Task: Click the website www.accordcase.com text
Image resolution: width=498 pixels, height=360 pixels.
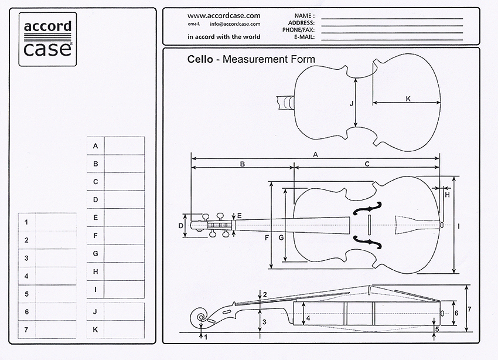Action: pyautogui.click(x=224, y=15)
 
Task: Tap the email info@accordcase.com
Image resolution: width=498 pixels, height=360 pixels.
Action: pyautogui.click(x=234, y=24)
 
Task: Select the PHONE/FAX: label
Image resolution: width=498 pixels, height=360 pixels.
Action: pyautogui.click(x=298, y=29)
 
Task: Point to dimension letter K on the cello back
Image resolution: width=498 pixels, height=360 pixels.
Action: pyautogui.click(x=408, y=99)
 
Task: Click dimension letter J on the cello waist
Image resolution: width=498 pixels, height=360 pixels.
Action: pyautogui.click(x=351, y=103)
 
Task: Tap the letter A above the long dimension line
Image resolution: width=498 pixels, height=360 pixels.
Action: pyautogui.click(x=316, y=154)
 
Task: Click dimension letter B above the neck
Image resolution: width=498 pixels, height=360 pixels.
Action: pyautogui.click(x=242, y=164)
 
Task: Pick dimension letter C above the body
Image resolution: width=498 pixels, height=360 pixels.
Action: pyautogui.click(x=367, y=164)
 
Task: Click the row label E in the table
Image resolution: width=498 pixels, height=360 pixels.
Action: pyautogui.click(x=95, y=218)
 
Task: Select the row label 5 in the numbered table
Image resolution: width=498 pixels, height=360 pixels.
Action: pyautogui.click(x=26, y=294)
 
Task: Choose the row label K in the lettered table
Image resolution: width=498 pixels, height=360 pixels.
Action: pyautogui.click(x=95, y=330)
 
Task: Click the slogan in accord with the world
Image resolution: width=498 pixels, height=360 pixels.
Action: pyautogui.click(x=224, y=36)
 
